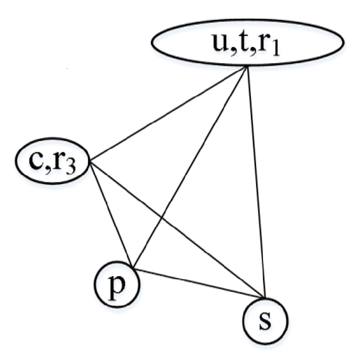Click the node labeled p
117,284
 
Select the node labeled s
265,321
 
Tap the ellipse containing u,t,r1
248,42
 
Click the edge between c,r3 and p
111,213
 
